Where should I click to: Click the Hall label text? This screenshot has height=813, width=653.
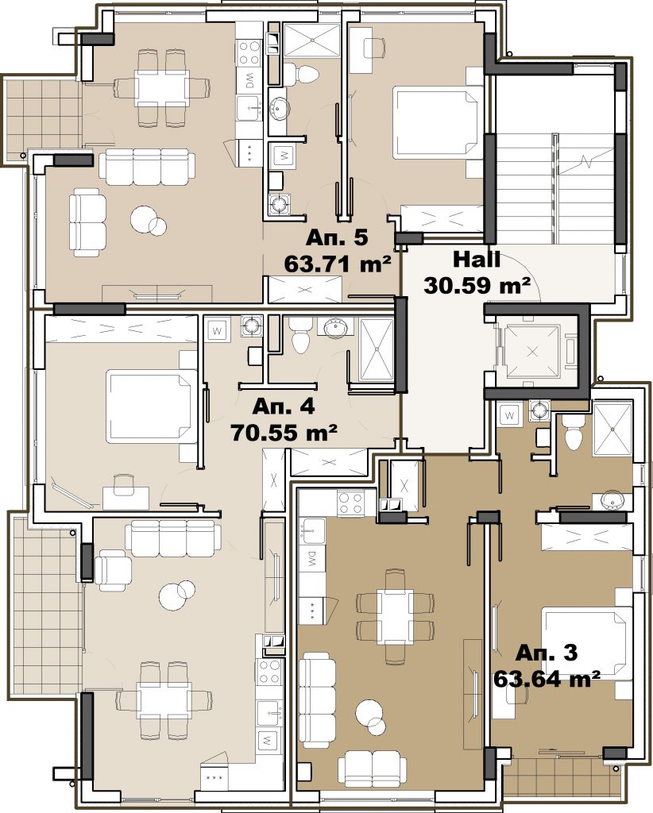(x=477, y=260)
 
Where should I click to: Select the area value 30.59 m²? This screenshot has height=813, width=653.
(x=477, y=285)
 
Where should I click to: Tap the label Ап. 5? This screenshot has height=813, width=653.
(x=337, y=237)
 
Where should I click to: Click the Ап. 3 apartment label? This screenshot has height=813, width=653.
(x=547, y=653)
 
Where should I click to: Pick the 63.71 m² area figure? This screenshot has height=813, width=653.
(x=337, y=264)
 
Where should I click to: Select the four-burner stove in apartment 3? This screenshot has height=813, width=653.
(x=350, y=503)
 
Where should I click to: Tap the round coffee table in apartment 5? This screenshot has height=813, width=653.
(x=149, y=221)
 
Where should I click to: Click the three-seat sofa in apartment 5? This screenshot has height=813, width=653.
(x=147, y=167)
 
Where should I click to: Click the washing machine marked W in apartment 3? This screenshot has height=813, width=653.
(x=510, y=414)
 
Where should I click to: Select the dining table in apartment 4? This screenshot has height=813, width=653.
(x=164, y=699)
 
